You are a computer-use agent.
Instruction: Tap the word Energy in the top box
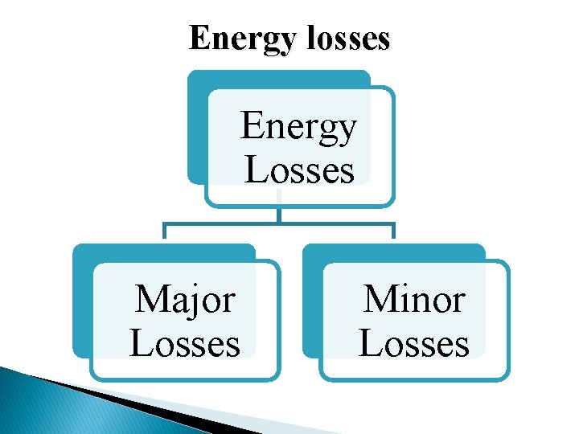298,129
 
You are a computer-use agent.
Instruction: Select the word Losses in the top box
298,170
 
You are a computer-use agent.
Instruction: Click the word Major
185,301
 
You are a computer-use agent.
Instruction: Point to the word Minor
414,300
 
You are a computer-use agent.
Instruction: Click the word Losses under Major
185,343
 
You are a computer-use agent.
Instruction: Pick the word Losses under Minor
414,343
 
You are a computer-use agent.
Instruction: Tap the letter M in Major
149,300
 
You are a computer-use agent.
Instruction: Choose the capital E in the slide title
198,37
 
